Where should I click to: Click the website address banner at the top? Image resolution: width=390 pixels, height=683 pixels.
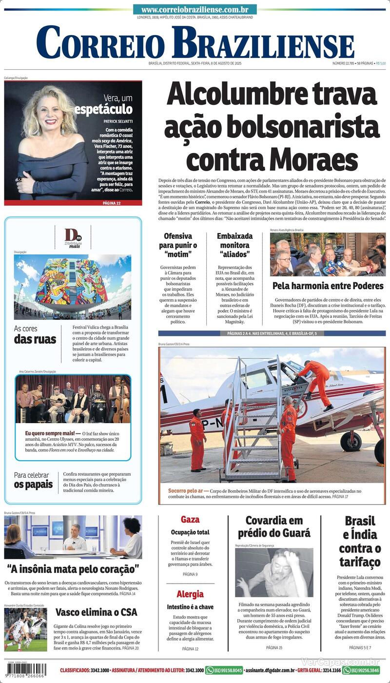(195, 9)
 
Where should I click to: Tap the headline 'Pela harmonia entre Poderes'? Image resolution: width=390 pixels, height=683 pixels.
(328, 286)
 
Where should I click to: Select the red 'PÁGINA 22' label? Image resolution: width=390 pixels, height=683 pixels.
(112, 202)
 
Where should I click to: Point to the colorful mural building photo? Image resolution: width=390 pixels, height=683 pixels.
(72, 287)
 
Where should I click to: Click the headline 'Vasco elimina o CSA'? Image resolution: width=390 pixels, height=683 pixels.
(96, 612)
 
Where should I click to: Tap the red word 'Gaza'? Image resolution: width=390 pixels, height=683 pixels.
(190, 520)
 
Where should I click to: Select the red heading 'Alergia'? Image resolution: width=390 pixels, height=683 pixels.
(190, 594)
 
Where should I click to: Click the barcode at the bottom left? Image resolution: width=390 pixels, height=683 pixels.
(26, 669)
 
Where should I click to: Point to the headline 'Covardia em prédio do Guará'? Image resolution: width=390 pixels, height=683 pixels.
(273, 527)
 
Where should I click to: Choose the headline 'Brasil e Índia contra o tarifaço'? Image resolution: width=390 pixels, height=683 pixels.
(360, 541)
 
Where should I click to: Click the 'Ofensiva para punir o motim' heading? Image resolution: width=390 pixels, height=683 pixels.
(177, 245)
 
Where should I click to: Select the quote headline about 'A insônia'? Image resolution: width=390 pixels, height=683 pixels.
(73, 569)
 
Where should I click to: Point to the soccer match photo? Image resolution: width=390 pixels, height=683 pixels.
(26, 629)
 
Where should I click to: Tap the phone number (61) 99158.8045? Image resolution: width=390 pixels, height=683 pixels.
(224, 670)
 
